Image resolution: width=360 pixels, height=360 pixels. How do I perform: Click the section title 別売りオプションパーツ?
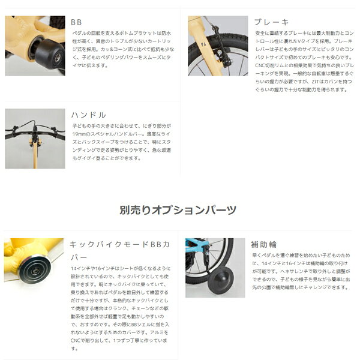pos(178,210)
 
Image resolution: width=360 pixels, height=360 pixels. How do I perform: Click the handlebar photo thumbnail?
pos(35,138)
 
